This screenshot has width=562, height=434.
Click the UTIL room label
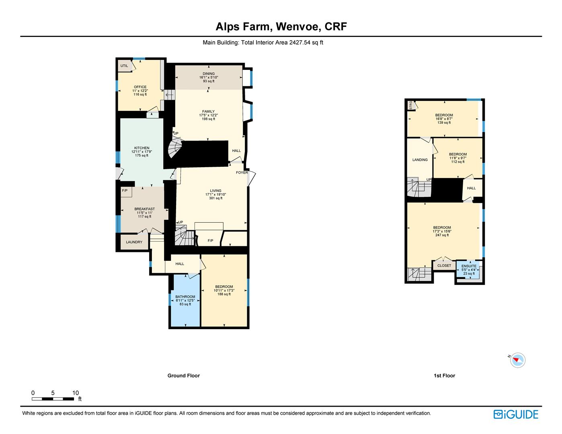click(x=124, y=66)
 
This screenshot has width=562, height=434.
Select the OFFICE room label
click(x=140, y=87)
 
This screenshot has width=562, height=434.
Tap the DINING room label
click(x=209, y=74)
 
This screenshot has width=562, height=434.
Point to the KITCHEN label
click(x=142, y=148)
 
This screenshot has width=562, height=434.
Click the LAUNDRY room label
click(x=134, y=242)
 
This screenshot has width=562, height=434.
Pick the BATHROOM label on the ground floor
click(x=185, y=297)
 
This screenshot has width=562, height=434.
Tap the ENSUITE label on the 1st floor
click(x=469, y=266)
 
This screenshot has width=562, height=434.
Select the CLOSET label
click(x=444, y=266)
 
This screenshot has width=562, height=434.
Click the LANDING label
click(x=420, y=160)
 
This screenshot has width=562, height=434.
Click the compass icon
click(x=517, y=360)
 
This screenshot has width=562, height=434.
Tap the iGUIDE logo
click(x=516, y=414)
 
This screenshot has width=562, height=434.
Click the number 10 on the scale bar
click(x=76, y=393)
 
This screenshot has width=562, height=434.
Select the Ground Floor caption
click(x=184, y=376)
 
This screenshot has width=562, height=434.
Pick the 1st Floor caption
click(x=444, y=376)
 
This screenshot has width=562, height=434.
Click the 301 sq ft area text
click(x=216, y=198)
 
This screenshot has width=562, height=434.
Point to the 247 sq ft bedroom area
click(x=442, y=235)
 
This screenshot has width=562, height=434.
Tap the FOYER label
click(x=242, y=172)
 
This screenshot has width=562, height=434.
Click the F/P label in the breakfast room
click(x=125, y=190)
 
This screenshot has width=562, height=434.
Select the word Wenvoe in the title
click(x=297, y=27)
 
